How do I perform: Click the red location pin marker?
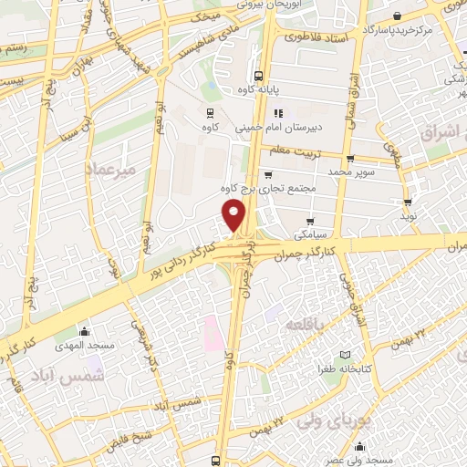(x=234, y=216)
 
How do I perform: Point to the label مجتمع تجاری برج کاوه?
(x=266, y=189)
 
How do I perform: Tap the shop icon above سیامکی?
(x=311, y=221)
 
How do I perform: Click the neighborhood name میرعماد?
(x=109, y=170)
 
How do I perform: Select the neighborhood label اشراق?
(x=442, y=133)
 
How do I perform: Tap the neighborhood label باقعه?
(x=304, y=325)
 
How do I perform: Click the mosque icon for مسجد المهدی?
(x=85, y=331)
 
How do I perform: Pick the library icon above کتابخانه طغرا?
(x=344, y=354)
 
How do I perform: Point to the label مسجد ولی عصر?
(x=361, y=460)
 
